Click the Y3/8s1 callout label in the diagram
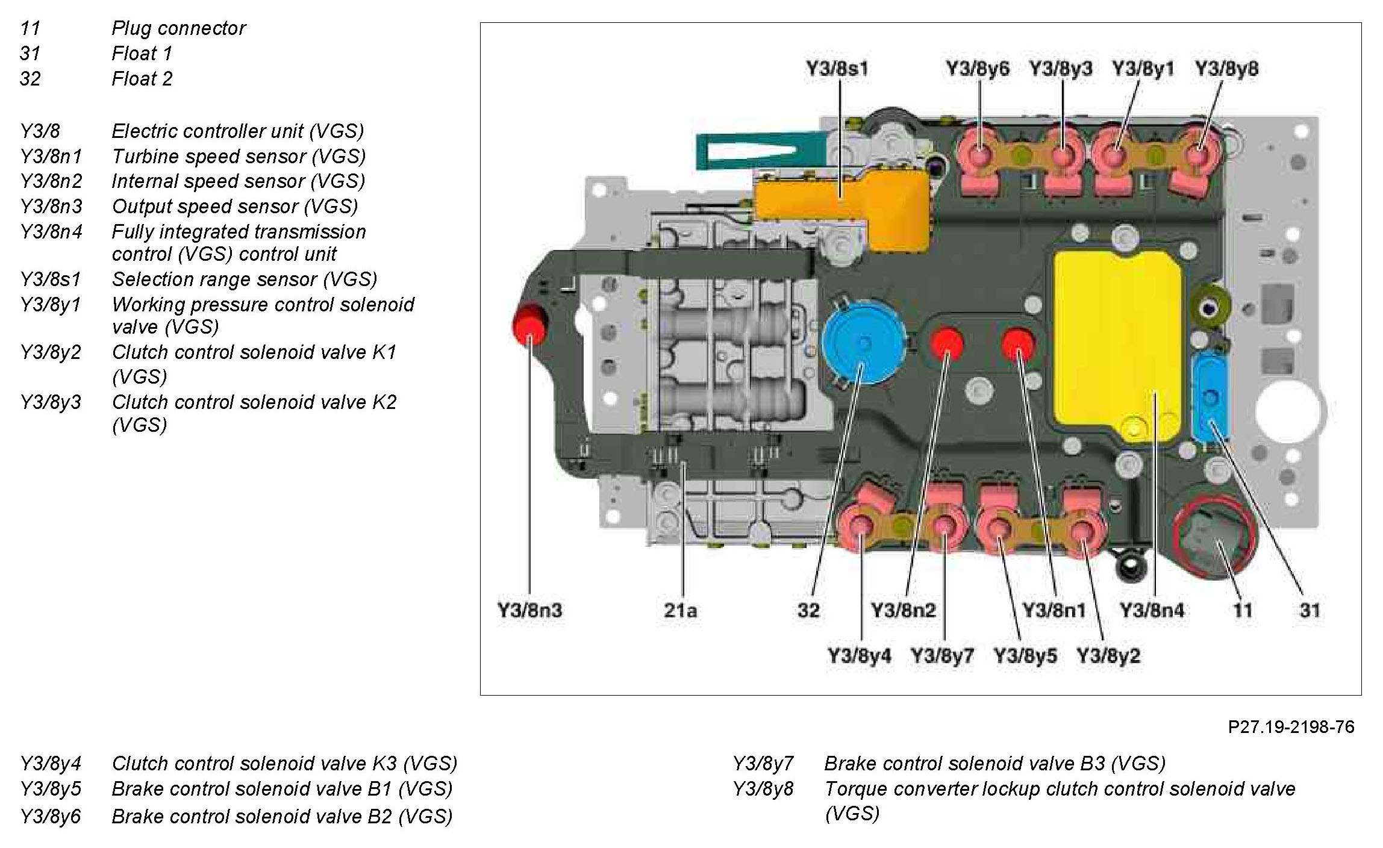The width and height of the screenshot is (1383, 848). click(x=837, y=69)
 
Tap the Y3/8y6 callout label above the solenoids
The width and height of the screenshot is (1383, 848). click(x=977, y=69)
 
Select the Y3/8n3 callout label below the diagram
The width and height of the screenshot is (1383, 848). click(x=529, y=610)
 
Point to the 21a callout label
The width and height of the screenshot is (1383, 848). click(x=681, y=610)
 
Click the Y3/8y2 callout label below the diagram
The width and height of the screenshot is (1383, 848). click(x=1108, y=655)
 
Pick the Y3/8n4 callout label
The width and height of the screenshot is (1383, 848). click(x=1152, y=610)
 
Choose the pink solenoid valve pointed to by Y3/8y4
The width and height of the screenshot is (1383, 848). click(x=860, y=525)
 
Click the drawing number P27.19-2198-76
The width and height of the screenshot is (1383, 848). click(x=1291, y=727)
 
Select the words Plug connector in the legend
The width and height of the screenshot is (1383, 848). click(x=179, y=28)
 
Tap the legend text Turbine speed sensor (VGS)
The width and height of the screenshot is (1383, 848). click(x=239, y=157)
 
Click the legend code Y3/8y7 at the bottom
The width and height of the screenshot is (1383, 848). click(x=763, y=764)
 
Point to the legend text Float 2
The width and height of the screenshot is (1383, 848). click(x=142, y=79)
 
